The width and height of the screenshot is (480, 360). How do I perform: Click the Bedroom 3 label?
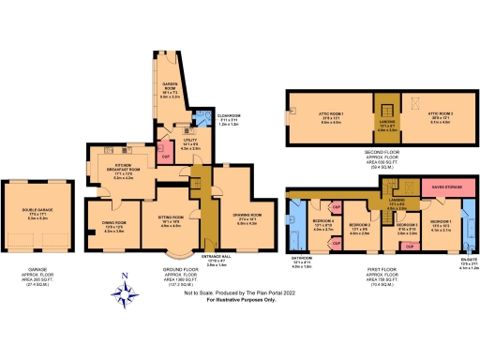(x=406, y=229)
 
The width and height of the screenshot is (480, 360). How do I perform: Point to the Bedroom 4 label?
(x=322, y=224)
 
